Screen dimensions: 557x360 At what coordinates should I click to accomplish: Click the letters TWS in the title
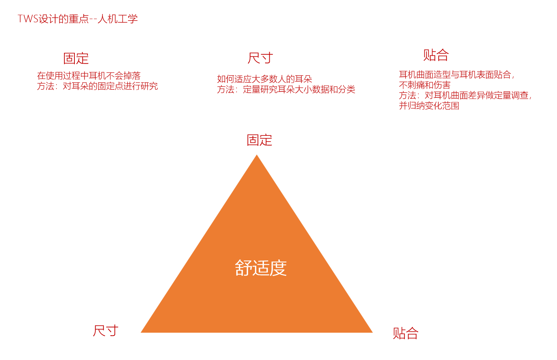28,19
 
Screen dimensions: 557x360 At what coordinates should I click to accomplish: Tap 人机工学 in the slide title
118,19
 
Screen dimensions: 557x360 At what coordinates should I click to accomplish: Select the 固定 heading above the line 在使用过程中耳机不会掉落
76,59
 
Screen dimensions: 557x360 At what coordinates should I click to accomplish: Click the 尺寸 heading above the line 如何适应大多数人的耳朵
260,58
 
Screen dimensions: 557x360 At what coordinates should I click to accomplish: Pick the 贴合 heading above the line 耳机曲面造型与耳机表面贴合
436,55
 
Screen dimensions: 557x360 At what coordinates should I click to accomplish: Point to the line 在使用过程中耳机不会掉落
89,75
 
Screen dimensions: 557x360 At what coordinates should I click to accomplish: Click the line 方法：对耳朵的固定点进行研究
97,86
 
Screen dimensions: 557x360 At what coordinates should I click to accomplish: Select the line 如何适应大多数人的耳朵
264,79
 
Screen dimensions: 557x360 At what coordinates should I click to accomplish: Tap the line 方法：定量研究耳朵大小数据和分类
286,89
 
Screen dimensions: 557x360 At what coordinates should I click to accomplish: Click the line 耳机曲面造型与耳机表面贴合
457,74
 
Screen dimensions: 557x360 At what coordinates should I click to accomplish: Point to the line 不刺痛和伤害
425,85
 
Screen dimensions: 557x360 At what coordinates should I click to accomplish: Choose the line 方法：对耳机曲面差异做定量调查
465,95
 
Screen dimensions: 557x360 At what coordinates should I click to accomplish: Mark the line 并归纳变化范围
429,106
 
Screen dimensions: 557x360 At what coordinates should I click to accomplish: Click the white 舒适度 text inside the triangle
261,268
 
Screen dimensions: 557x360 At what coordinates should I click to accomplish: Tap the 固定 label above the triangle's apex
259,140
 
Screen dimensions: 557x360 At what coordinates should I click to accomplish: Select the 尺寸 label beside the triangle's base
105,331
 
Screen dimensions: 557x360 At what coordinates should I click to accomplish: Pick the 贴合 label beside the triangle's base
406,333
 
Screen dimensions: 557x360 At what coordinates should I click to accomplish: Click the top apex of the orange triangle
257,155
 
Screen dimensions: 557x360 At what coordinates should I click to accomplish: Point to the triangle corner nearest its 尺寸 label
141,332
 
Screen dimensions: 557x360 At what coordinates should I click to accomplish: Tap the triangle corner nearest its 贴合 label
372,332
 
